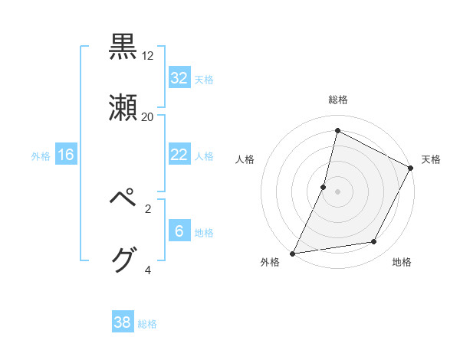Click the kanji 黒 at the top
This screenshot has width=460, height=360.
click(x=123, y=47)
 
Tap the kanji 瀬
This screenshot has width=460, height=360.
click(x=123, y=108)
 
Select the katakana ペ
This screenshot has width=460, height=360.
click(x=123, y=199)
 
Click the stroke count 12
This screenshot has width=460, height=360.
click(x=148, y=56)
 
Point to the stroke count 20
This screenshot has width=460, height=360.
click(x=148, y=116)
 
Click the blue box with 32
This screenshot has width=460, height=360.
click(x=179, y=78)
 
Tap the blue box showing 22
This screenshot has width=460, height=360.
click(x=179, y=155)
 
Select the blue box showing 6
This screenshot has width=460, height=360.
click(x=179, y=231)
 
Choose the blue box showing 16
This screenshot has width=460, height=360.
click(x=66, y=155)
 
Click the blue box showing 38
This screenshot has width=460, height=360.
click(x=123, y=322)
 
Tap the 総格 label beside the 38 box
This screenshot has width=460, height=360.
click(x=147, y=324)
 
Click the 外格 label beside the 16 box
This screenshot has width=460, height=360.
click(x=41, y=155)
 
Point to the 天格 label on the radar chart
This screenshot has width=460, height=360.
click(x=431, y=159)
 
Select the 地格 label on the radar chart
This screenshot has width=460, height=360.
click(x=402, y=262)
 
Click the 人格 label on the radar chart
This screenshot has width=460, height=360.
click(x=245, y=159)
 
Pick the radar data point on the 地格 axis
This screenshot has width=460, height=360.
click(x=374, y=242)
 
